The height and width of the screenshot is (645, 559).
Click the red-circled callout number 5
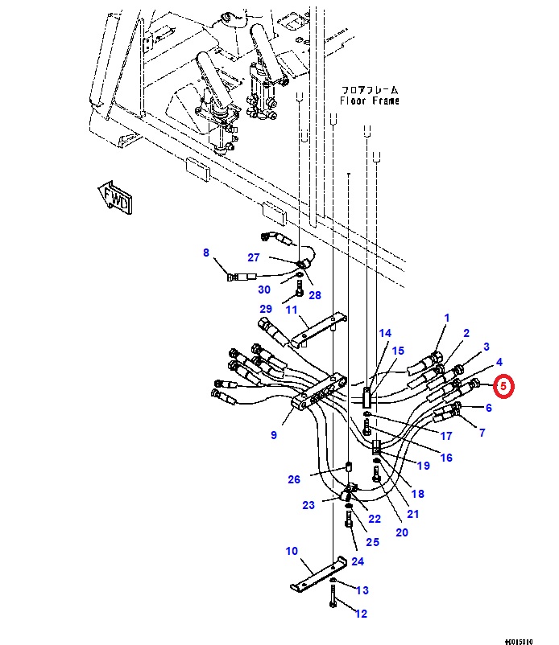503,387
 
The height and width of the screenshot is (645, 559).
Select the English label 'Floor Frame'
368,101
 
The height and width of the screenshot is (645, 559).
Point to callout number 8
206,253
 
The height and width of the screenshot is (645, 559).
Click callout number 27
254,257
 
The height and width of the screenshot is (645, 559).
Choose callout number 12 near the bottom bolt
361,614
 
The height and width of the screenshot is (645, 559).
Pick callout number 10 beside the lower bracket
291,552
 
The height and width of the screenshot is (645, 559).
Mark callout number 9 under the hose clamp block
274,435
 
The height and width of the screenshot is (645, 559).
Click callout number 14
385,333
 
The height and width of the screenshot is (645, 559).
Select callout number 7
482,433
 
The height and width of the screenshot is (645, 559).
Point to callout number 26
294,480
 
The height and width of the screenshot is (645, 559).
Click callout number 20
402,532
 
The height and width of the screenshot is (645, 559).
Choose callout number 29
266,310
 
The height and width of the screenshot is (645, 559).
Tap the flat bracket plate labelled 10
318,574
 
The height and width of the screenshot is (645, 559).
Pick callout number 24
358,561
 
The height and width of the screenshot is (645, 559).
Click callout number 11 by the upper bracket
292,310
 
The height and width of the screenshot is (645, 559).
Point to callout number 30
264,290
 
